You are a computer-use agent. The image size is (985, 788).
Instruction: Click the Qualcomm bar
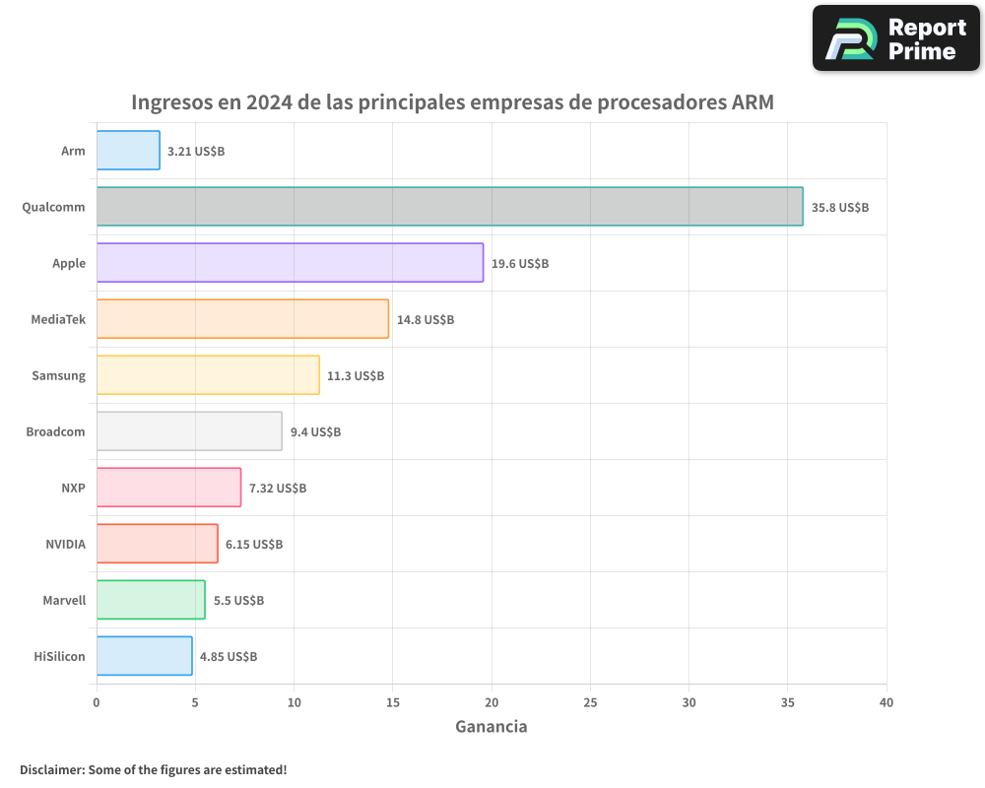[x=449, y=207]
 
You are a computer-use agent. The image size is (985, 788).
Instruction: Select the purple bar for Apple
[x=290, y=263]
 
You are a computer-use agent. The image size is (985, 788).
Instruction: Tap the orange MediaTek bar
[x=242, y=319]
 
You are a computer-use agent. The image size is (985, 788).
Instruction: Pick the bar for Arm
[x=128, y=151]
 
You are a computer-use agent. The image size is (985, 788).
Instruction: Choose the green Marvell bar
[x=151, y=600]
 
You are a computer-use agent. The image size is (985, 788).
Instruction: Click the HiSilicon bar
[x=144, y=656]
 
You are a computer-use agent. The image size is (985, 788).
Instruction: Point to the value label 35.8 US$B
[x=840, y=208]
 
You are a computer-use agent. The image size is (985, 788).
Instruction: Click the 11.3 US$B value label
[x=356, y=376]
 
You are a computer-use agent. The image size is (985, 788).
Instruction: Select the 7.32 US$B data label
[x=278, y=489]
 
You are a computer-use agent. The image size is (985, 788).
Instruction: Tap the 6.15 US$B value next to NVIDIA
[x=254, y=545]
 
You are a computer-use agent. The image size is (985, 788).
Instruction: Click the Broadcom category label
[x=55, y=432]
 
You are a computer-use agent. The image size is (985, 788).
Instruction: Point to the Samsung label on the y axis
[x=58, y=376]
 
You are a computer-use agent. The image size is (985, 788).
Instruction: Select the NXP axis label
[x=73, y=489]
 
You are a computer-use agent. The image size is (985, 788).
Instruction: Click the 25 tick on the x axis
[x=590, y=703]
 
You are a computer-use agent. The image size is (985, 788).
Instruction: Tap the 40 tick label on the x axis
[x=886, y=703]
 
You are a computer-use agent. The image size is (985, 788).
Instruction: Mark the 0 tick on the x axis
[x=97, y=703]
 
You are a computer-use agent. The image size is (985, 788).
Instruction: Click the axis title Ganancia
[x=491, y=727]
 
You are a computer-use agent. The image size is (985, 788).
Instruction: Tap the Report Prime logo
[x=896, y=38]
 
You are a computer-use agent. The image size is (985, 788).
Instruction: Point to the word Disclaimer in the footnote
[x=51, y=769]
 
